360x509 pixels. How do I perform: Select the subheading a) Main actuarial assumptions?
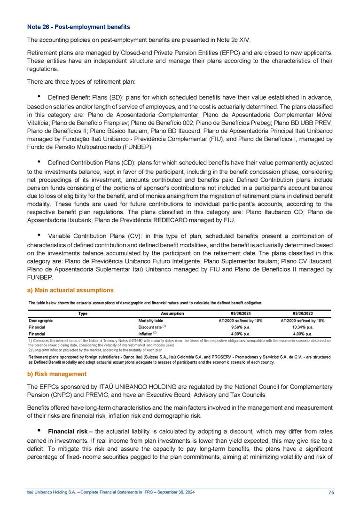(x=70, y=290)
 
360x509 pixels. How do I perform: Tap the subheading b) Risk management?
(x=57, y=374)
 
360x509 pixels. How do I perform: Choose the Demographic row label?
(x=40, y=320)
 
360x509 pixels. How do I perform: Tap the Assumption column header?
(x=172, y=313)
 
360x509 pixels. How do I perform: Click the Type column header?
(x=83, y=313)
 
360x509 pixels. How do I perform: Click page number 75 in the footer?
(x=331, y=492)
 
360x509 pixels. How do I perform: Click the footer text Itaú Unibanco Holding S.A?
(x=51, y=492)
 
